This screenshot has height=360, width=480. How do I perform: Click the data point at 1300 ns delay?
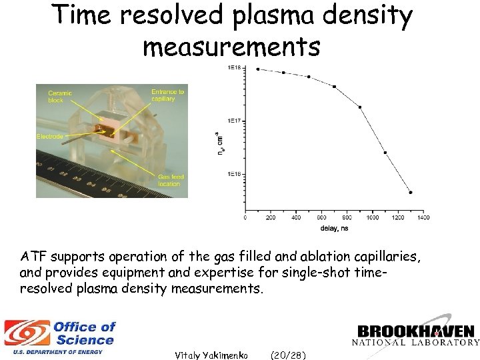pos(411,193)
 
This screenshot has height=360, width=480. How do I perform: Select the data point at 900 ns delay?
pos(360,107)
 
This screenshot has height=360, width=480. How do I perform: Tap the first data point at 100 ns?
pos(258,69)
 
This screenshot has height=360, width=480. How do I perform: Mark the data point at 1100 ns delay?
pos(385,153)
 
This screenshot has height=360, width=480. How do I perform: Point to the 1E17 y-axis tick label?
pos(235,121)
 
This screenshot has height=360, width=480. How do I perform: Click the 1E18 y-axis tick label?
pos(235,67)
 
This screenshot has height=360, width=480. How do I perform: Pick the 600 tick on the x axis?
pos(321,218)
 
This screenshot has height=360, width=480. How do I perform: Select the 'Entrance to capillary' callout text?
pos(167,95)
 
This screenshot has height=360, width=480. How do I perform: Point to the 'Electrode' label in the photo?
pos(49,136)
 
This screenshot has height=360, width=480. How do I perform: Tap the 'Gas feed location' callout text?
pos(171,180)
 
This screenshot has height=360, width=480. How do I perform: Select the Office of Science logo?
pos(60,337)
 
